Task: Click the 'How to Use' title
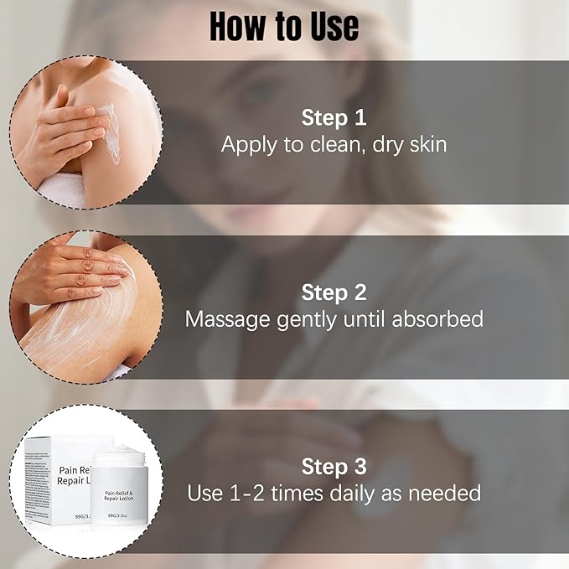point(284,26)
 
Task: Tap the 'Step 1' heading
point(334,116)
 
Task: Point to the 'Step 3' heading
point(334,466)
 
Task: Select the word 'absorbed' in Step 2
point(439,319)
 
